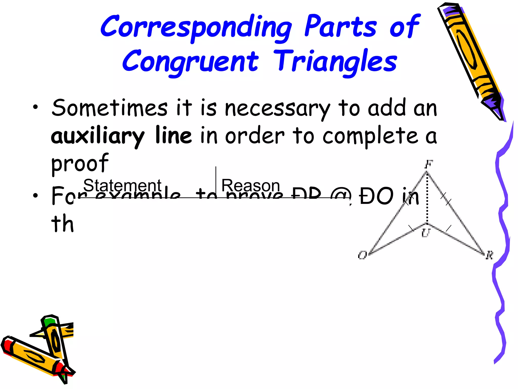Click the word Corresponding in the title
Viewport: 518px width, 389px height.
196,27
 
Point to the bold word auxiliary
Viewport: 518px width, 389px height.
98,136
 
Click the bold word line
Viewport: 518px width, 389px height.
174,135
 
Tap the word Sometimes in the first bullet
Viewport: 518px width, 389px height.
110,108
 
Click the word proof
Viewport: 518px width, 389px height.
80,163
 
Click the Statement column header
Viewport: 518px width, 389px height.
122,185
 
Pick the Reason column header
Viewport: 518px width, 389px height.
250,185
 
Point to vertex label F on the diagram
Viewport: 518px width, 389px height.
429,164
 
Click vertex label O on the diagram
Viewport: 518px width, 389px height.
363,255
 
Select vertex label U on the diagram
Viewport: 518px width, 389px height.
425,232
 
